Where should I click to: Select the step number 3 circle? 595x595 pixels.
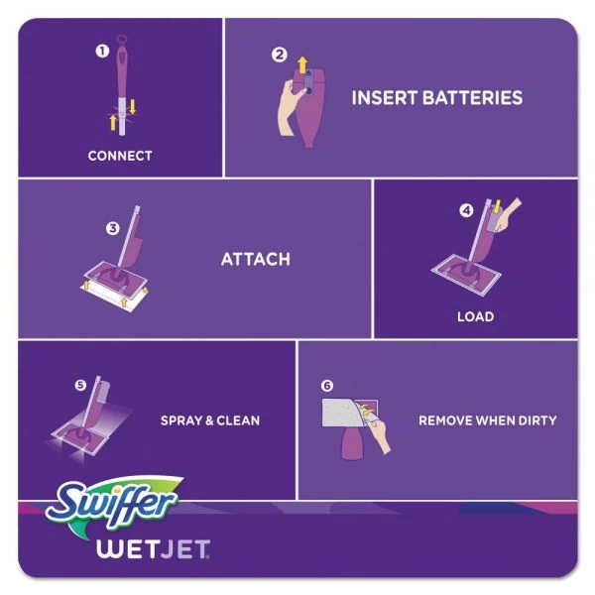click(113, 228)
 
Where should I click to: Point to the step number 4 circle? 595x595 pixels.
click(466, 210)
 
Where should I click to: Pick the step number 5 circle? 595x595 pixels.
click(80, 385)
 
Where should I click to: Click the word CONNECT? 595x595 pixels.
click(120, 156)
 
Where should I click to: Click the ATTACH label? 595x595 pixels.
click(255, 260)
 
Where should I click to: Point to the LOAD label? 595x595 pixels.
click(475, 317)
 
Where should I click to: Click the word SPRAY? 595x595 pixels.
click(182, 420)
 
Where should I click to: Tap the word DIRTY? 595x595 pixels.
click(535, 420)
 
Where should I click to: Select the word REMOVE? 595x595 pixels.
click(445, 420)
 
